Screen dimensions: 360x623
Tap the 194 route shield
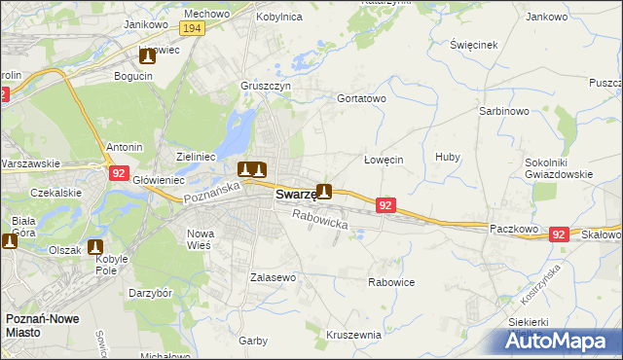[x=192, y=30]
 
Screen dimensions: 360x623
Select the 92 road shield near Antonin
[x=119, y=173]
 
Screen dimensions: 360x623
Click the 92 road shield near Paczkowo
[x=558, y=234]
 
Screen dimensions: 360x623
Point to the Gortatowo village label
[x=361, y=99]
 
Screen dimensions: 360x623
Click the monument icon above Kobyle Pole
[x=96, y=248]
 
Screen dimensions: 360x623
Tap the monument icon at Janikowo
[x=147, y=56]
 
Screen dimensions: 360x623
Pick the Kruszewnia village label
[x=353, y=335]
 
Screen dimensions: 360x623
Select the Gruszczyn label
[x=266, y=86]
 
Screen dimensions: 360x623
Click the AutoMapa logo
[x=559, y=342]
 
